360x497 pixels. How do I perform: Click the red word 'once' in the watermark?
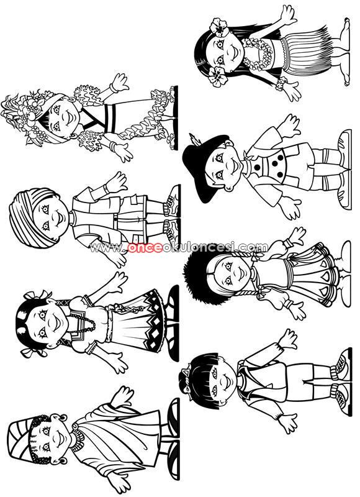point(145,247)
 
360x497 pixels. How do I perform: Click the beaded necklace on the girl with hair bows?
point(83,323)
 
